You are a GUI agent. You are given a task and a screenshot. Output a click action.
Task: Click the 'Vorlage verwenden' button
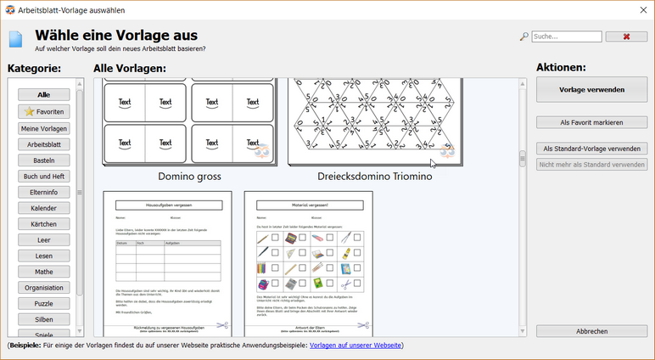pyautogui.click(x=591, y=89)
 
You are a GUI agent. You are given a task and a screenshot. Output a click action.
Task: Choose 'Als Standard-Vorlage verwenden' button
pyautogui.click(x=591, y=149)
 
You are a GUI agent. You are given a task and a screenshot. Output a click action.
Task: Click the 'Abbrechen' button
pyautogui.click(x=591, y=331)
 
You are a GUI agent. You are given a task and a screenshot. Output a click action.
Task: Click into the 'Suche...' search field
pyautogui.click(x=567, y=37)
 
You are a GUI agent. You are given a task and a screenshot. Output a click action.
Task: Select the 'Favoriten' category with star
pyautogui.click(x=44, y=111)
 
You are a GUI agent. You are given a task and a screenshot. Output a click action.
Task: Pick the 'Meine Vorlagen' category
pyautogui.click(x=44, y=128)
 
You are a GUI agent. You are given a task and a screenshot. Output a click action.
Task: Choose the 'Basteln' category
pyautogui.click(x=44, y=160)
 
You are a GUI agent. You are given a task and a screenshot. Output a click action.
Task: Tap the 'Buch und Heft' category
pyautogui.click(x=44, y=177)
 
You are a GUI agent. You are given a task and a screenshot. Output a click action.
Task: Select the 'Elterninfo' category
pyautogui.click(x=44, y=193)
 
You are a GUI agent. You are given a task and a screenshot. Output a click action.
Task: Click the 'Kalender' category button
pyautogui.click(x=44, y=208)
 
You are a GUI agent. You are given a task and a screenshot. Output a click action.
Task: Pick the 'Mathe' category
pyautogui.click(x=44, y=272)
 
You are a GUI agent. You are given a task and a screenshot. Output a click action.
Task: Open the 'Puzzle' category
pyautogui.click(x=44, y=303)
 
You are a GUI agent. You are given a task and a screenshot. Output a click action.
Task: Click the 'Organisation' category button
pyautogui.click(x=44, y=288)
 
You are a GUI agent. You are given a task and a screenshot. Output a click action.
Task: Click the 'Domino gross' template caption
pyautogui.click(x=189, y=177)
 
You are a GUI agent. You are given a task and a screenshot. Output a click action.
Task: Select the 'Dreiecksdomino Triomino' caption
pyautogui.click(x=374, y=177)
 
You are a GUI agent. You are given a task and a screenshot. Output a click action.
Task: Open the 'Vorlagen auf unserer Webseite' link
pyautogui.click(x=356, y=346)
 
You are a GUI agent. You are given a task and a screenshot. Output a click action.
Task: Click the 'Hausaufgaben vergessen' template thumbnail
pyautogui.click(x=167, y=263)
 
